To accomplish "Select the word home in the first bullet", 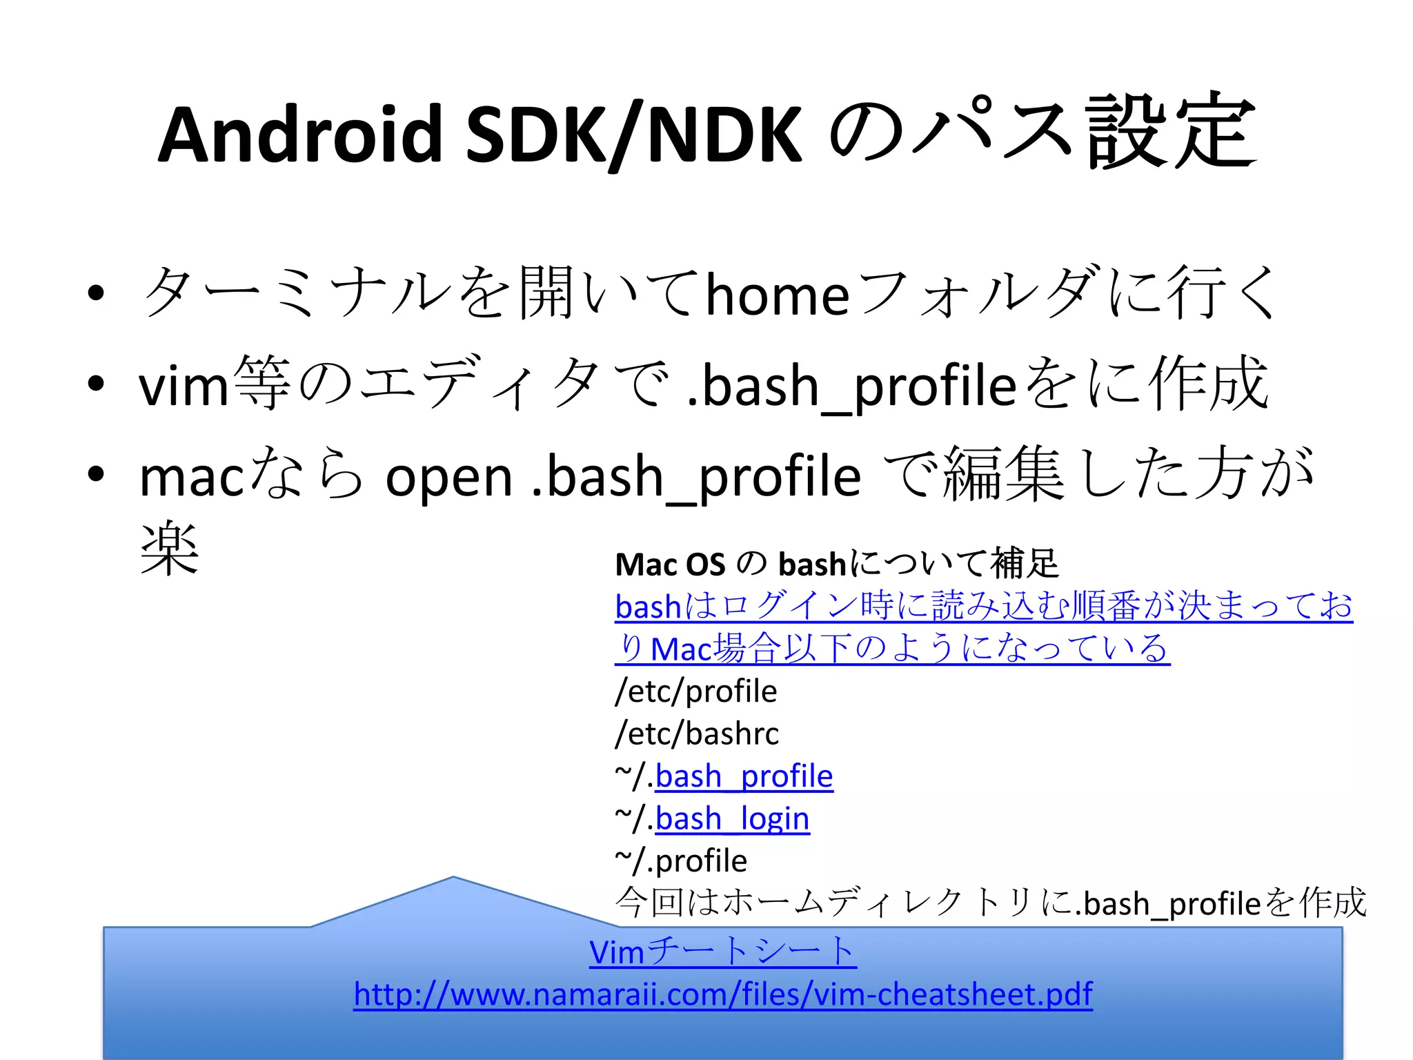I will (x=777, y=295).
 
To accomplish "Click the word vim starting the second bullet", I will (x=183, y=386).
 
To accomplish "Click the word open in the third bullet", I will (x=448, y=478).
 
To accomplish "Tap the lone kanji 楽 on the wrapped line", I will (x=170, y=549).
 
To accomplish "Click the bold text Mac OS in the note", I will (x=669, y=565).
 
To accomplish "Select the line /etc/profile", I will (x=695, y=691).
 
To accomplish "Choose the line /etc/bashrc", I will (x=697, y=734).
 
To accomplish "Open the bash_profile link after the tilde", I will (x=744, y=776).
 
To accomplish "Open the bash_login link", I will (x=732, y=819).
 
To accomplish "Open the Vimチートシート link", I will (x=722, y=952).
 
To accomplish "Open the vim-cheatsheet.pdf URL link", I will (x=722, y=994).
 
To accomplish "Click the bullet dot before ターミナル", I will (x=96, y=293).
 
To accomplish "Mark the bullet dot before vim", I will (x=96, y=384).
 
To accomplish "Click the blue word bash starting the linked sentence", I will (x=648, y=607).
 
